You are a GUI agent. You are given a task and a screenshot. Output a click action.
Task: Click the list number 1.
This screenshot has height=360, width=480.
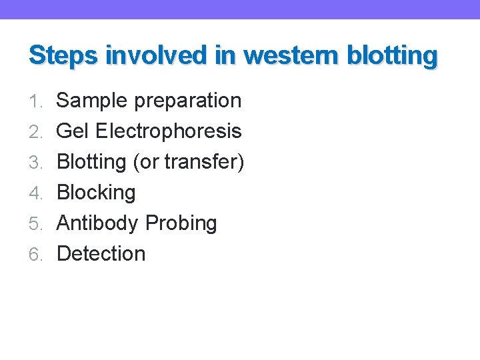pos(37,101)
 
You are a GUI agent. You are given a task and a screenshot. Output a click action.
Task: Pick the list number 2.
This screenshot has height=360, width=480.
pos(37,132)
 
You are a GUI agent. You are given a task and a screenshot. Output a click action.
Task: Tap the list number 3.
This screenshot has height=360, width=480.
pos(37,163)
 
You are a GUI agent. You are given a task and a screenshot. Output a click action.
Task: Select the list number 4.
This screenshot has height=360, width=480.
pos(37,193)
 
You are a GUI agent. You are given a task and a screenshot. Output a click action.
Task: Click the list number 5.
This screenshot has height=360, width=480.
pos(37,224)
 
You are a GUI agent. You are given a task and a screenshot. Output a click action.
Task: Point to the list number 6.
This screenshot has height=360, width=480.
pos(37,255)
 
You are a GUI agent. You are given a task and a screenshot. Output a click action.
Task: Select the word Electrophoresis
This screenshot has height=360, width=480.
pos(169,131)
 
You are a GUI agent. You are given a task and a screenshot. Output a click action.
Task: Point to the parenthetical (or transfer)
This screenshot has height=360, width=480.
pos(189,162)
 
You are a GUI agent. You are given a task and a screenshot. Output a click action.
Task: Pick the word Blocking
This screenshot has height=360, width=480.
pos(96,193)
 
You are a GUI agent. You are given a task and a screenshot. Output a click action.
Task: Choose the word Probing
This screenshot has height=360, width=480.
pos(181,224)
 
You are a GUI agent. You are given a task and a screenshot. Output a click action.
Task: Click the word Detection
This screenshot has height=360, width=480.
pos(101,254)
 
